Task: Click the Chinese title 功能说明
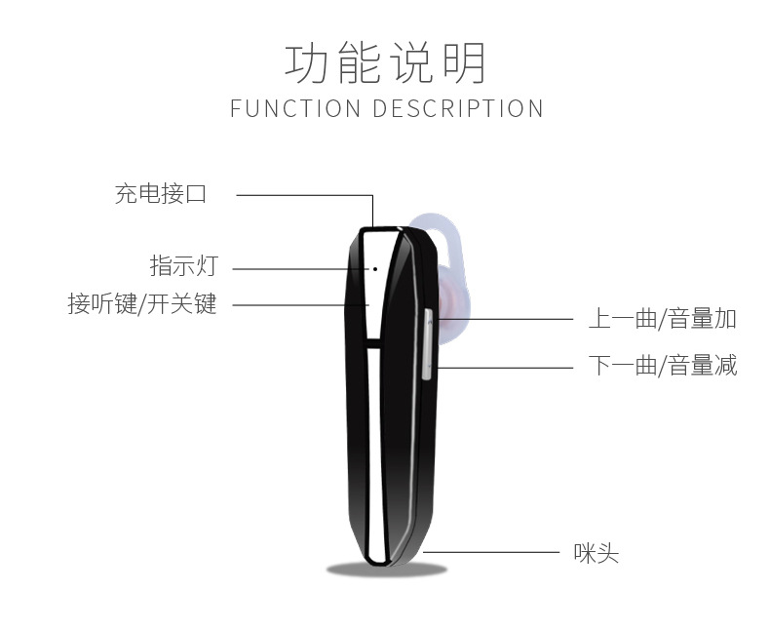pyautogui.click(x=385, y=62)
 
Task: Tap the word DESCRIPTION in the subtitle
pyautogui.click(x=458, y=108)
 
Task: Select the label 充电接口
pyautogui.click(x=161, y=193)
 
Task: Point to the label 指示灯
pyautogui.click(x=183, y=265)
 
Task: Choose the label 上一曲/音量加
pyautogui.click(x=662, y=318)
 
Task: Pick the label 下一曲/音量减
pyautogui.click(x=662, y=366)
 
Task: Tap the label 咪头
pyautogui.click(x=596, y=554)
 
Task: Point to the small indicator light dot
pyautogui.click(x=375, y=266)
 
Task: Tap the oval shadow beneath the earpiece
pyautogui.click(x=386, y=569)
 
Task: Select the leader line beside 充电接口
pyautogui.click(x=302, y=194)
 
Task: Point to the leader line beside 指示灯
pyautogui.click(x=297, y=267)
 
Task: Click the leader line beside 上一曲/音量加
pyautogui.click(x=507, y=318)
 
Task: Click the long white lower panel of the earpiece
pyautogui.click(x=373, y=449)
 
